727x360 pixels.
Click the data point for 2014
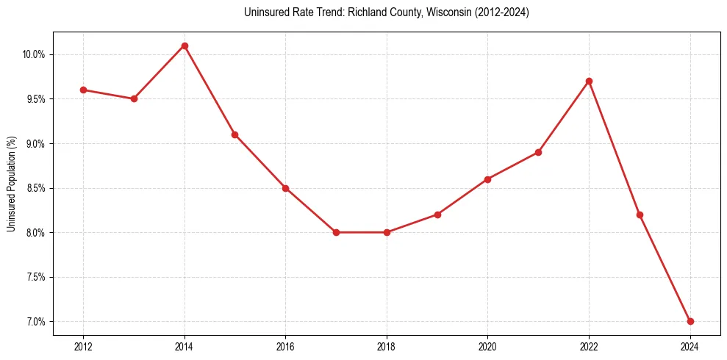point(185,46)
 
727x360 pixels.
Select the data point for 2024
point(690,321)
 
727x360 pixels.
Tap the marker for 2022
point(589,81)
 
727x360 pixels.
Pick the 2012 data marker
point(83,90)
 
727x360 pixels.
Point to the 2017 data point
point(336,232)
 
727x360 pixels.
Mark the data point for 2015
point(234,134)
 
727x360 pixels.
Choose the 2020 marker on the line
point(488,179)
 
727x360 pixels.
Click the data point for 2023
point(640,215)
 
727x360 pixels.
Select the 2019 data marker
point(437,215)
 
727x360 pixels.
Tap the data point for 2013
point(134,98)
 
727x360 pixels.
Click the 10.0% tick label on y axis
point(34,54)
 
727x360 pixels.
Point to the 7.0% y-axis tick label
point(35,322)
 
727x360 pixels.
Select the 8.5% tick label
point(35,188)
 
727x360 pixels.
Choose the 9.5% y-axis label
point(35,99)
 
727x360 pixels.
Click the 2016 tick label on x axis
point(285,345)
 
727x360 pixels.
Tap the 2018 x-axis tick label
point(387,345)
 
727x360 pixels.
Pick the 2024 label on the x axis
point(690,345)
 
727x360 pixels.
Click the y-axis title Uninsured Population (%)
point(11,184)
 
